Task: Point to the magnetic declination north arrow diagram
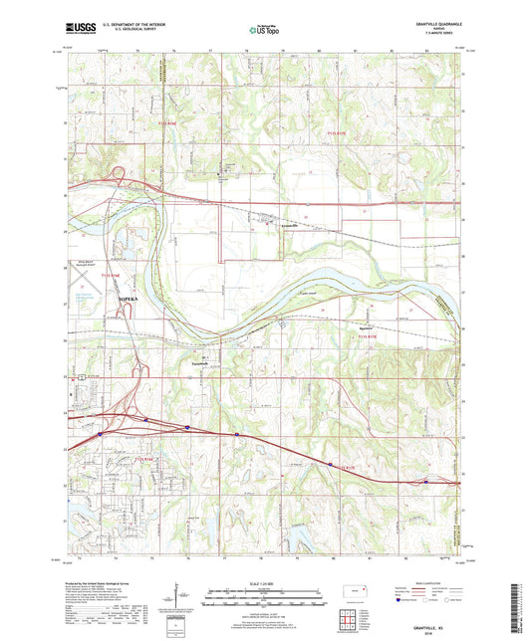click(181, 597)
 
